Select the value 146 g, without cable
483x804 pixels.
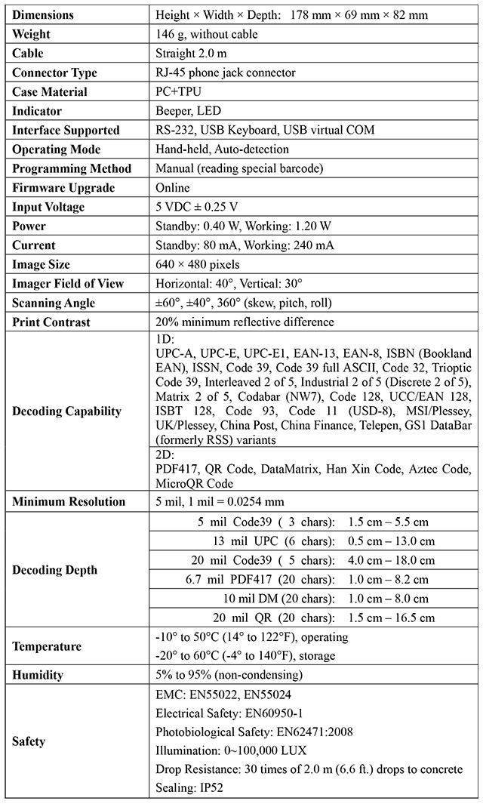[205, 34]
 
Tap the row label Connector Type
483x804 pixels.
[54, 72]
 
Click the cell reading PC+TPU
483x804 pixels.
[180, 91]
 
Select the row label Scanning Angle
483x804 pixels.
[54, 303]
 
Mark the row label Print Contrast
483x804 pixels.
[51, 322]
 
